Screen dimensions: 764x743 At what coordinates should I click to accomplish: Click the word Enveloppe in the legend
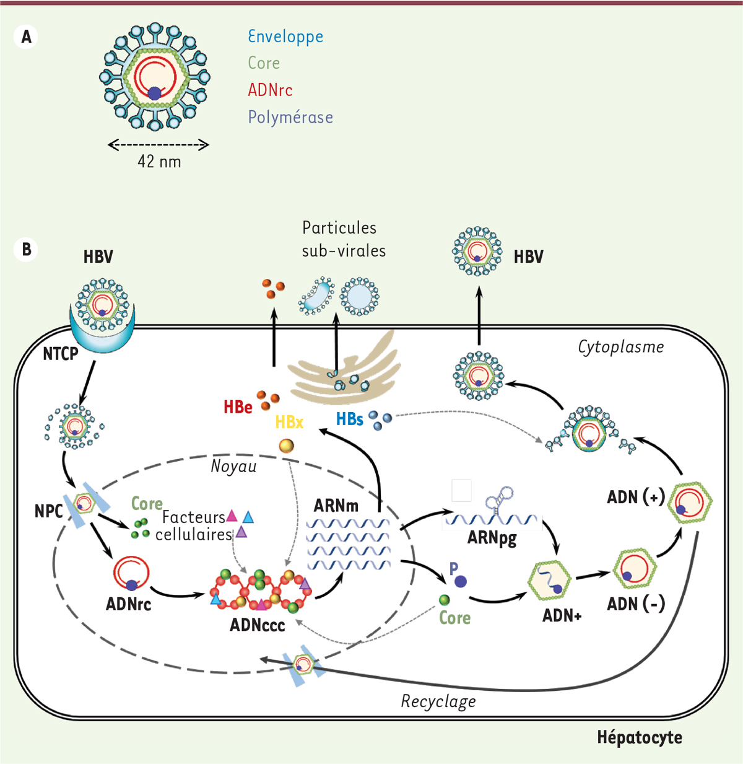click(285, 37)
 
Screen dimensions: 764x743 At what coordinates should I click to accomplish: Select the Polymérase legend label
click(290, 117)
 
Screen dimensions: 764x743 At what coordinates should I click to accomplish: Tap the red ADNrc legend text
click(270, 90)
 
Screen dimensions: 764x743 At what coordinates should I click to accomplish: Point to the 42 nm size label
click(159, 162)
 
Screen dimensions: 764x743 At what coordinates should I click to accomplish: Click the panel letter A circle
click(26, 37)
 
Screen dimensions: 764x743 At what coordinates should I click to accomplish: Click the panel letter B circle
click(26, 249)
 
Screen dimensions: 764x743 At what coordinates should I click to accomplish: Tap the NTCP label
click(60, 354)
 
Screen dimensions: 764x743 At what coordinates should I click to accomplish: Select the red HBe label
click(238, 407)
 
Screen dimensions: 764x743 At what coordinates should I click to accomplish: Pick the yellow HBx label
click(289, 423)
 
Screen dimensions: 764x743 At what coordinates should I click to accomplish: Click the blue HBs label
click(349, 419)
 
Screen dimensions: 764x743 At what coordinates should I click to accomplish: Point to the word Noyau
click(233, 466)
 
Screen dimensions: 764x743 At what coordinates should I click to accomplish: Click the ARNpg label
click(492, 537)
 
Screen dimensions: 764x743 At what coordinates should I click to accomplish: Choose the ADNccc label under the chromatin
click(257, 625)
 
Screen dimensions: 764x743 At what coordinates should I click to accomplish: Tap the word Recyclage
click(438, 701)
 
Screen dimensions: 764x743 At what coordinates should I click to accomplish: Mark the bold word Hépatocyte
click(640, 737)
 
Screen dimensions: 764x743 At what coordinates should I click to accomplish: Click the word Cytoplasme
click(620, 347)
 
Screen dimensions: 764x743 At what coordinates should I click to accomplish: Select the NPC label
click(48, 511)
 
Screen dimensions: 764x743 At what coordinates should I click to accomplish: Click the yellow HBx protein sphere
click(286, 446)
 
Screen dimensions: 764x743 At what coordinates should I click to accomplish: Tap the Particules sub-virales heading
click(343, 239)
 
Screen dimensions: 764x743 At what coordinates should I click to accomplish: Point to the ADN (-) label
click(636, 604)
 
